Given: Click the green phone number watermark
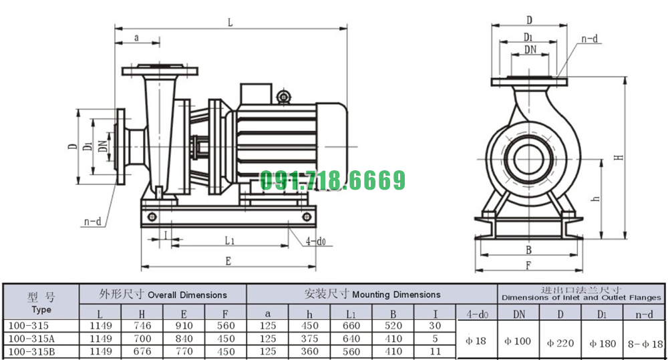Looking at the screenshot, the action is click(x=332, y=180).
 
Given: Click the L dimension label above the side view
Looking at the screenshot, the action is click(x=230, y=22).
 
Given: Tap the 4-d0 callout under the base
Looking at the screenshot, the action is click(x=315, y=242).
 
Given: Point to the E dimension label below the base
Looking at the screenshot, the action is click(x=228, y=260).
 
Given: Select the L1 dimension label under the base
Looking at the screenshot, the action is click(x=230, y=240).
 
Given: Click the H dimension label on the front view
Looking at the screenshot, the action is click(x=619, y=157).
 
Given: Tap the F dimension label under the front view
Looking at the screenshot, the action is click(x=528, y=265).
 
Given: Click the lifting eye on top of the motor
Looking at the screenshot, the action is click(x=283, y=97).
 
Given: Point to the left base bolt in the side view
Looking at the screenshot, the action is click(x=152, y=217).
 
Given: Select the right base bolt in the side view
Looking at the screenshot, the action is click(x=307, y=217).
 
